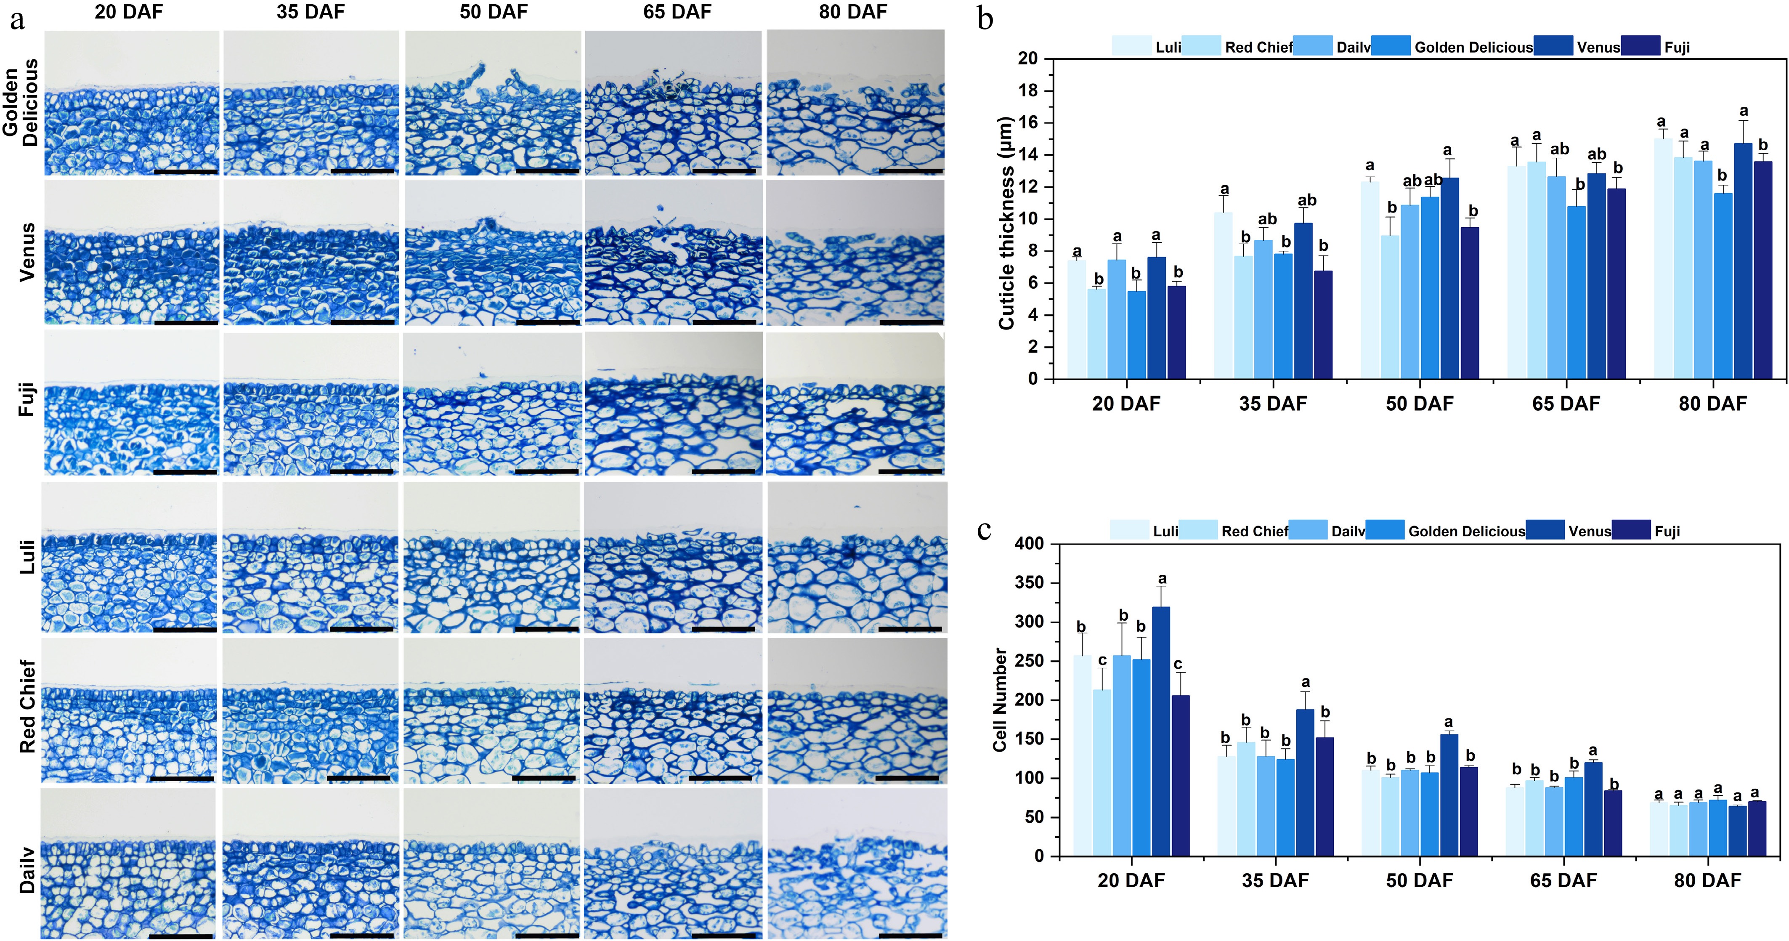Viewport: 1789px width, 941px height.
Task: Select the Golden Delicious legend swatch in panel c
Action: pos(1384,531)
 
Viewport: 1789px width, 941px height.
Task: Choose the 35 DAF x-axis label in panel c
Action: pos(1275,880)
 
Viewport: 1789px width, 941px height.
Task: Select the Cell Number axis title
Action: pos(1000,699)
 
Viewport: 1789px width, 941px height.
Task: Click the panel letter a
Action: pos(17,19)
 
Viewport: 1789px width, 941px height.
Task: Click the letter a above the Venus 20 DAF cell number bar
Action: pos(1162,579)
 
